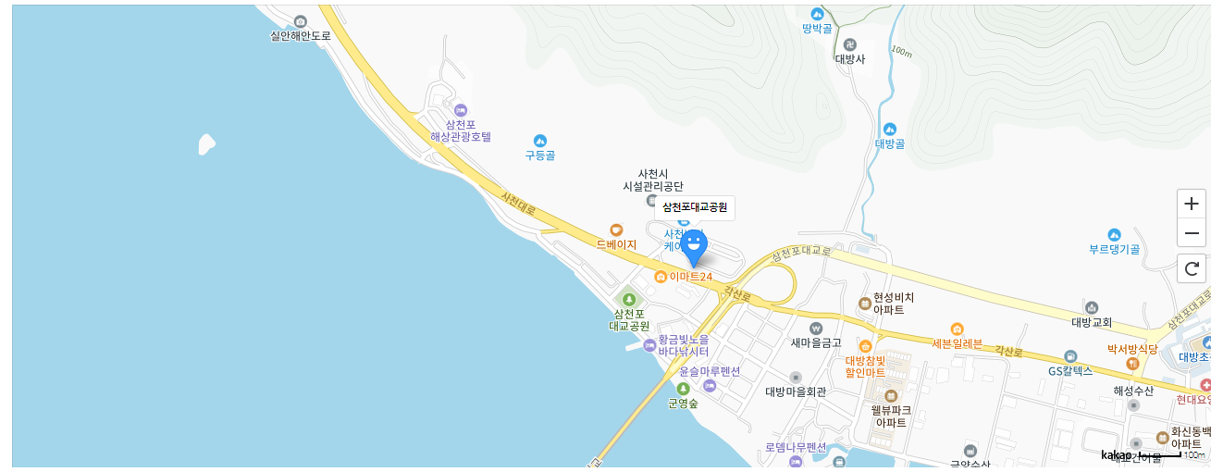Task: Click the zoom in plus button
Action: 1191,204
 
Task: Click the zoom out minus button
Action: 1191,233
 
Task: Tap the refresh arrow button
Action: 1191,269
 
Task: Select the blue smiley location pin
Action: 694,246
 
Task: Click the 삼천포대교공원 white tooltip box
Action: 695,207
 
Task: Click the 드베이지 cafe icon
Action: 616,230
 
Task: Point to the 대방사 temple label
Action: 849,58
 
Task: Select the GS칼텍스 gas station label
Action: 1070,370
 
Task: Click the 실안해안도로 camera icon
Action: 300,21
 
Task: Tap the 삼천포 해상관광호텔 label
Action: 461,130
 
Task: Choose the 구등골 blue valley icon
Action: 540,140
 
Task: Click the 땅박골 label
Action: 817,29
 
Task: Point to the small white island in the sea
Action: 206,143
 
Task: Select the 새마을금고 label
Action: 815,342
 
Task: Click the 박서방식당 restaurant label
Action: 1132,349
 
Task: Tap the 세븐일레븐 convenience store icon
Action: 957,329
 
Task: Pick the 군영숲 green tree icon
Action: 683,389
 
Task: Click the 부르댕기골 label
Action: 1114,249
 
